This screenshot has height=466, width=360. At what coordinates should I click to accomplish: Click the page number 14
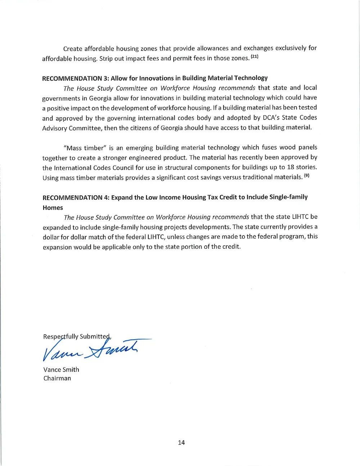point(181,443)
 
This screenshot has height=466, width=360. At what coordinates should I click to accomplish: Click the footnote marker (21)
point(255,57)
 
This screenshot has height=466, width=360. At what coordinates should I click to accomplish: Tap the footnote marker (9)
point(306,176)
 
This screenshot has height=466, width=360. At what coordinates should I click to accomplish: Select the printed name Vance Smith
point(61,369)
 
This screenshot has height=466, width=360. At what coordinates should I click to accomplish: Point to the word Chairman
point(57,378)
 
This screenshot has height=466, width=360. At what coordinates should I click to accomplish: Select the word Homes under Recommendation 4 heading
point(53,207)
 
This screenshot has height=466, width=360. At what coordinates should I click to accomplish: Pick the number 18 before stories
point(291,167)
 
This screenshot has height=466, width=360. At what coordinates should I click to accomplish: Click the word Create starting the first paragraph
point(73,49)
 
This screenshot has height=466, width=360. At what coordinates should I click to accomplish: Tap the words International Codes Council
point(94,167)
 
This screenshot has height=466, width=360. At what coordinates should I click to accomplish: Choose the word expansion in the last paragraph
point(57,247)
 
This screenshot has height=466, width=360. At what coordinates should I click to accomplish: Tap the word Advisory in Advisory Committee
point(54,128)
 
